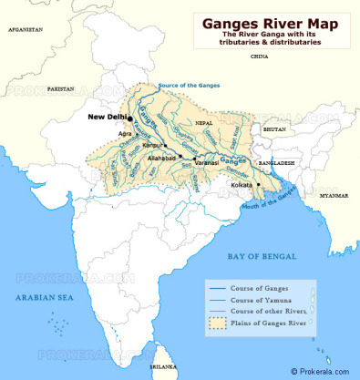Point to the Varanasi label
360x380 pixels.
(208, 162)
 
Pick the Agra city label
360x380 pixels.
(125, 133)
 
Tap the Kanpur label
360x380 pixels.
(149, 145)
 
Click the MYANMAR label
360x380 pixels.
(333, 195)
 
